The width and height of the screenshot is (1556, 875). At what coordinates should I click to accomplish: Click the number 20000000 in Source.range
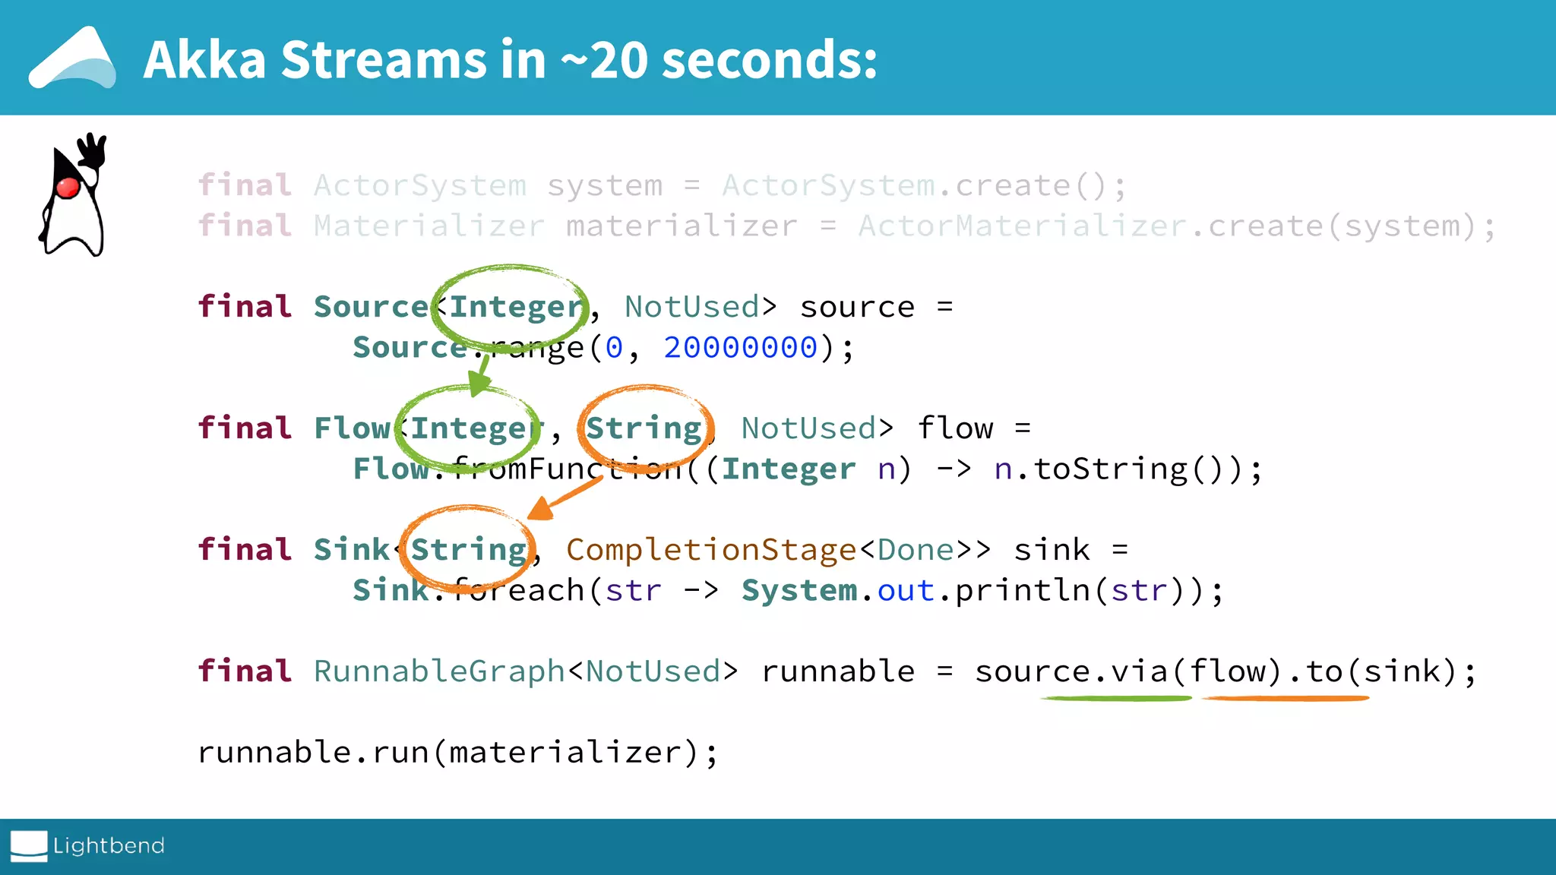tap(740, 348)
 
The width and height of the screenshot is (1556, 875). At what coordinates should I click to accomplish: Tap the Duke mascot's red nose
tap(68, 187)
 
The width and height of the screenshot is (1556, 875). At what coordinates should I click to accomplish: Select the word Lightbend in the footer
tap(109, 845)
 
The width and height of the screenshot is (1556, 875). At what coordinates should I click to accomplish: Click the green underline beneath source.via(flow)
tap(1115, 698)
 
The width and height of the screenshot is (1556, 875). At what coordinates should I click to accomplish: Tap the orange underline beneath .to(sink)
tap(1286, 698)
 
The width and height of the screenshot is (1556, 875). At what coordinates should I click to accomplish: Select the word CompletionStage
tap(711, 550)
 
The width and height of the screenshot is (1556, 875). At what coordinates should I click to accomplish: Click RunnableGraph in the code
tap(439, 671)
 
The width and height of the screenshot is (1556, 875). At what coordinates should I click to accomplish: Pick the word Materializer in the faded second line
tap(429, 226)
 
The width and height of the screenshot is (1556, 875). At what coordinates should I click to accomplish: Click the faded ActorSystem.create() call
tap(923, 186)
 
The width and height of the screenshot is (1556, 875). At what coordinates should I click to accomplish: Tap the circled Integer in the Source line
tap(515, 308)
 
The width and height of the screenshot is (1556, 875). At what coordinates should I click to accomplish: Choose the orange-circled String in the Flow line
tap(644, 428)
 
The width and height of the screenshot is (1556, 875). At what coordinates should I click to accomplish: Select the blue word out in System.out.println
tap(906, 591)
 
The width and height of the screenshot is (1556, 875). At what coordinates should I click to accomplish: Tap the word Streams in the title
tap(384, 60)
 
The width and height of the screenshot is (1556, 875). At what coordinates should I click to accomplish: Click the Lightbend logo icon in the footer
tap(29, 846)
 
